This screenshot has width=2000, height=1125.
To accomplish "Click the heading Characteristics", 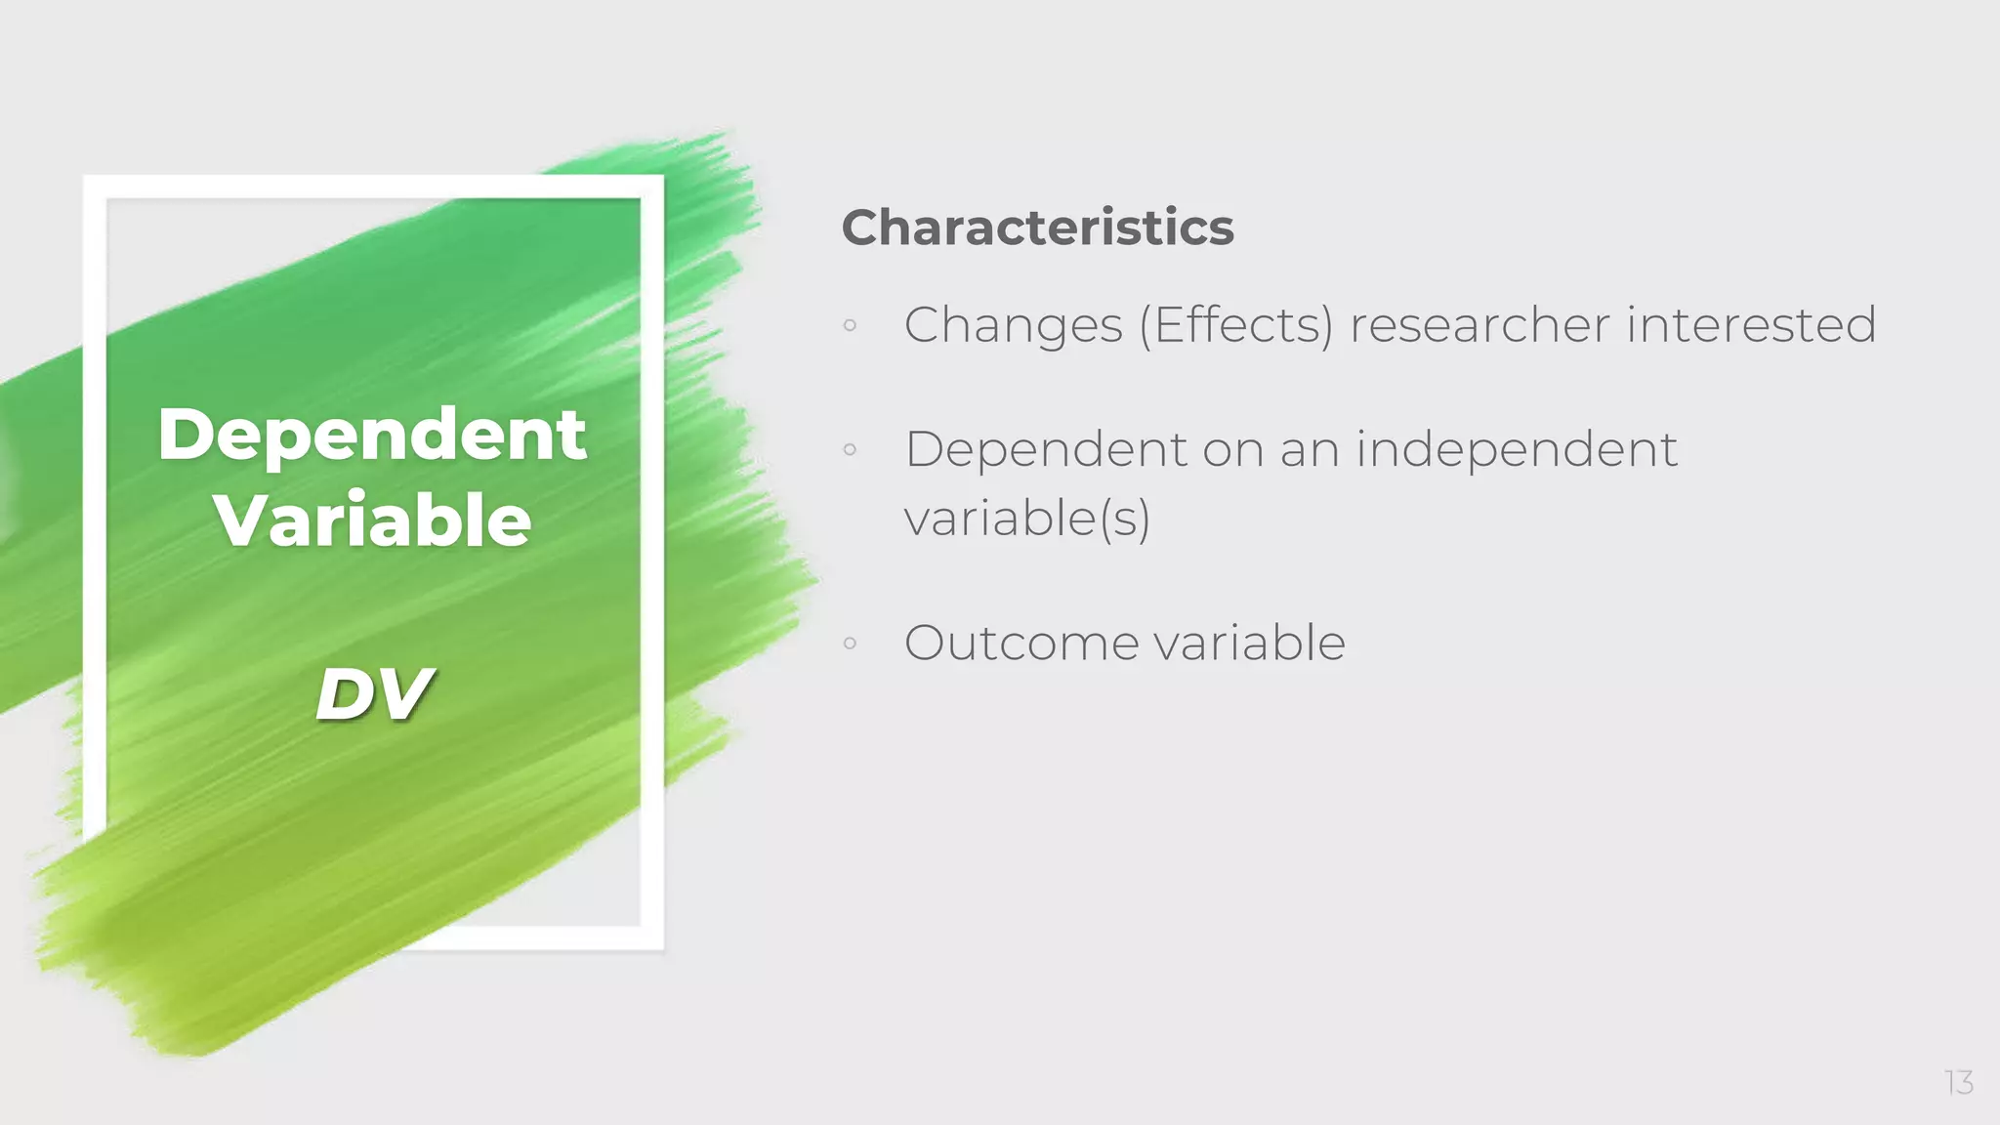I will (x=1037, y=228).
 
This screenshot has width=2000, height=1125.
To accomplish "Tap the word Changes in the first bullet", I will (x=1013, y=326).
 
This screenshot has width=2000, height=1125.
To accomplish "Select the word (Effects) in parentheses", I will (x=1235, y=325).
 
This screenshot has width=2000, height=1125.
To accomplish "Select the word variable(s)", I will (x=1026, y=518).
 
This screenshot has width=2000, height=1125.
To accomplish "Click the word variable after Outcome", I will (x=1249, y=644).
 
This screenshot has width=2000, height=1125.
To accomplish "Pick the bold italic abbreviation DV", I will (x=373, y=694).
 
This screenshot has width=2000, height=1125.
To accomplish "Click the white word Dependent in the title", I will (x=372, y=435).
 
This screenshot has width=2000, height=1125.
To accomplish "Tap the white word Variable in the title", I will (x=373, y=521).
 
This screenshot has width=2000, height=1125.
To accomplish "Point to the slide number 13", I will (x=1958, y=1082).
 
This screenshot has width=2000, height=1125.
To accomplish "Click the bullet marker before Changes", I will (x=850, y=326).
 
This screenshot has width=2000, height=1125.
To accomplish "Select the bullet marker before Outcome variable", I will (x=850, y=644).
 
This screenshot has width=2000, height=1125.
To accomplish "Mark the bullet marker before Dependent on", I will (x=850, y=450).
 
